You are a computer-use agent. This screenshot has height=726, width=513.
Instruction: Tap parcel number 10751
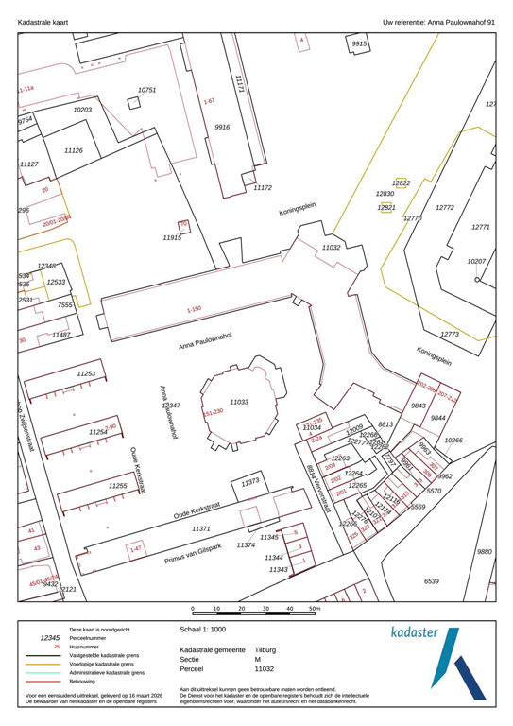click(146, 91)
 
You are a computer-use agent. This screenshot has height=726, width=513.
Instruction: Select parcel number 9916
click(222, 127)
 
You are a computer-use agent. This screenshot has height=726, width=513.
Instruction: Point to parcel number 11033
click(239, 402)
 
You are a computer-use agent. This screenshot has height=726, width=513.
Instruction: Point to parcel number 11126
click(74, 151)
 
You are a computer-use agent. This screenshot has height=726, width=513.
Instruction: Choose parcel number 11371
click(207, 529)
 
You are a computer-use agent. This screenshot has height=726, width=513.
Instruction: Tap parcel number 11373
click(250, 482)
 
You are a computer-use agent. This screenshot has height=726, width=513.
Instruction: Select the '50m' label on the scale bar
click(316, 610)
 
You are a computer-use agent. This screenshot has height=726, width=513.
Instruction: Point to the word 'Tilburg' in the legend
click(265, 651)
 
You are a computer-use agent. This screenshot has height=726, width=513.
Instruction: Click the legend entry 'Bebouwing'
click(84, 680)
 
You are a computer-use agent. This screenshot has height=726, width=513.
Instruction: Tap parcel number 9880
click(485, 551)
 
